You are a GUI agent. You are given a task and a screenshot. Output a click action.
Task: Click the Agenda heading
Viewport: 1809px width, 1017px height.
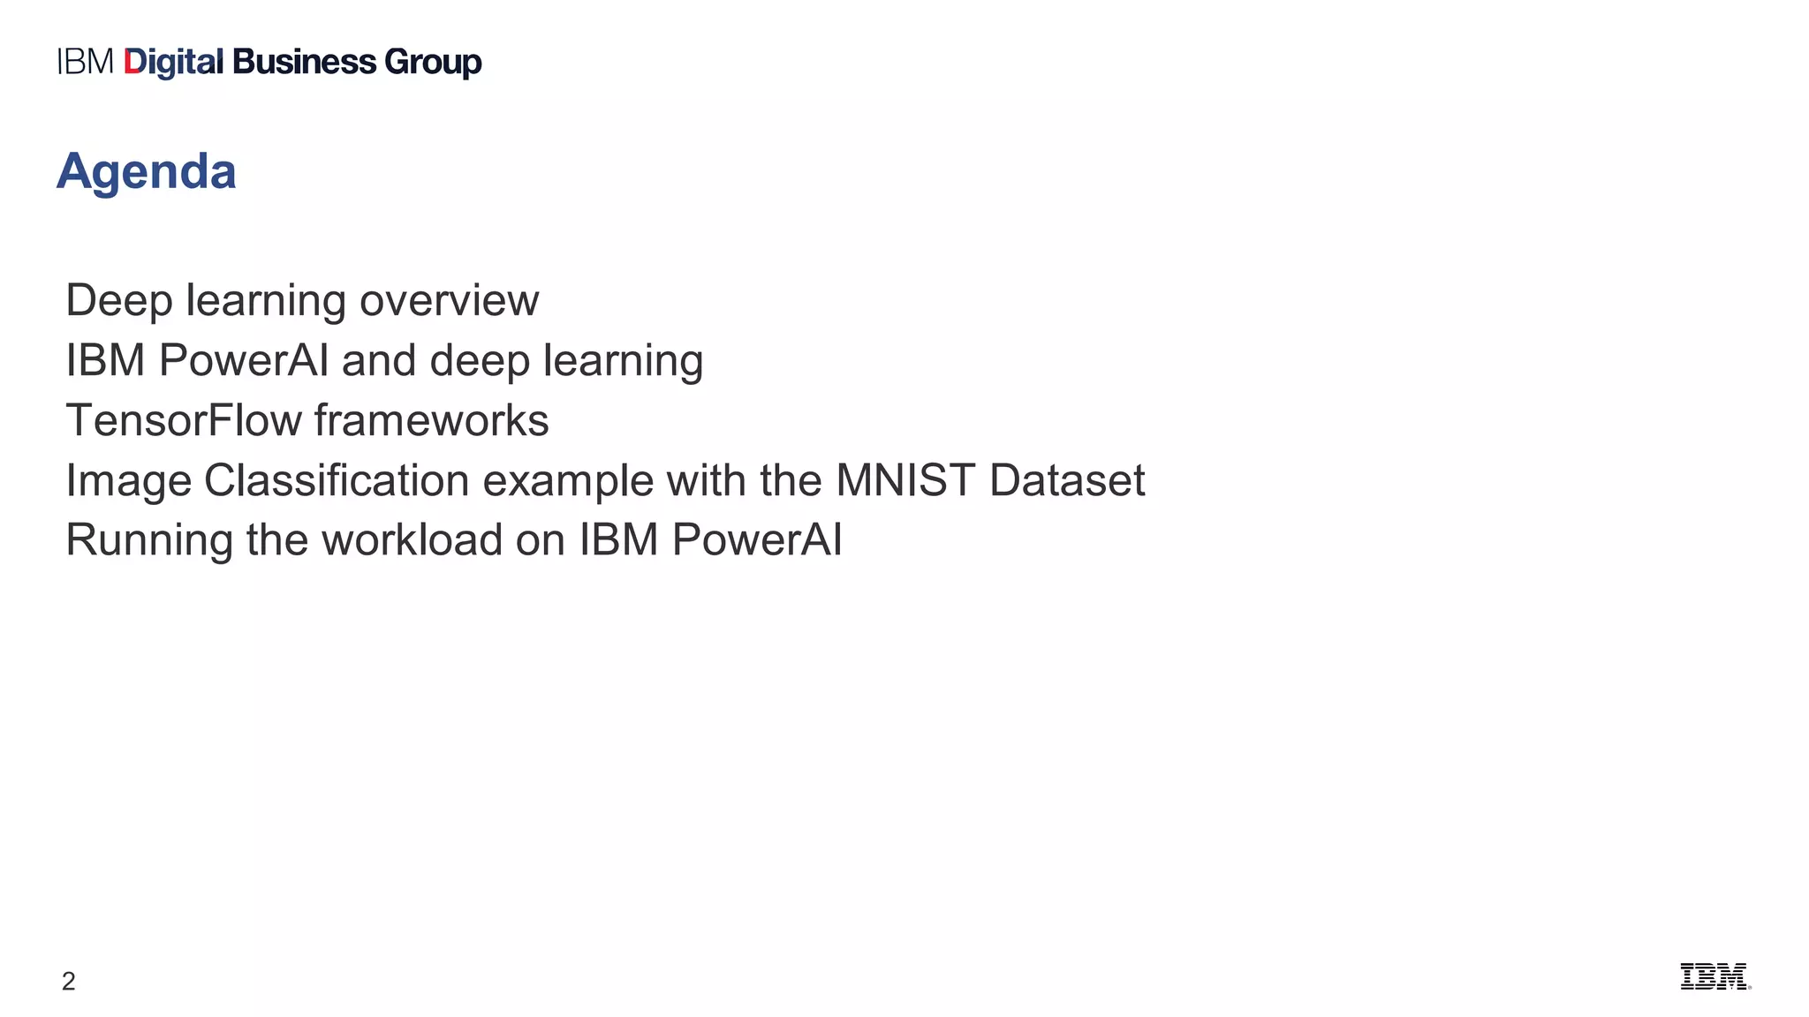(x=147, y=171)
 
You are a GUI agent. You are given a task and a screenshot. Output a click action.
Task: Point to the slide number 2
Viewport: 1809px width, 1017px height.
(x=69, y=981)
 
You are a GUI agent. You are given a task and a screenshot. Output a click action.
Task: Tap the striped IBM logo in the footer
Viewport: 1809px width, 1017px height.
(x=1714, y=976)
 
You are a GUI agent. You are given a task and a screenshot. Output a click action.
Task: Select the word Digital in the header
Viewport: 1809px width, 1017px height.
(x=174, y=63)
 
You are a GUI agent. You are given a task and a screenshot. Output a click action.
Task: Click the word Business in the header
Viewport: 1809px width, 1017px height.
(x=305, y=63)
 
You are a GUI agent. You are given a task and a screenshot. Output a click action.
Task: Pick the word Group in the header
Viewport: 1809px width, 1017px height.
(x=433, y=63)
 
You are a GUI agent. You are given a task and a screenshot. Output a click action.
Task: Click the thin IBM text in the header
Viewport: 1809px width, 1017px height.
(x=86, y=63)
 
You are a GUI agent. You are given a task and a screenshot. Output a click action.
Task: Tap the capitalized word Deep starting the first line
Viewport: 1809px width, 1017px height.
(x=119, y=301)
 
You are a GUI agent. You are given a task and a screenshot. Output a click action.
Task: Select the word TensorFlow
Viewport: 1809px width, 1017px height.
(x=184, y=420)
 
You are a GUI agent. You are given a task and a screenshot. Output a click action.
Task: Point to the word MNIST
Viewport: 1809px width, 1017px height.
(x=905, y=481)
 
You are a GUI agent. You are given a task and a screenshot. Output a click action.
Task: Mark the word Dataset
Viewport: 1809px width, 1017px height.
(x=1067, y=481)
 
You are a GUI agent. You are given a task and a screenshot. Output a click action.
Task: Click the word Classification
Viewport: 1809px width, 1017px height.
(x=337, y=481)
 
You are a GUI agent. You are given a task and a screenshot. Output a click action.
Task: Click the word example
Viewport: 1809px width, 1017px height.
(x=567, y=481)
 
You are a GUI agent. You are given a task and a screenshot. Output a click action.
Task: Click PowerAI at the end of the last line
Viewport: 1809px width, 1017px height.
(x=757, y=540)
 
